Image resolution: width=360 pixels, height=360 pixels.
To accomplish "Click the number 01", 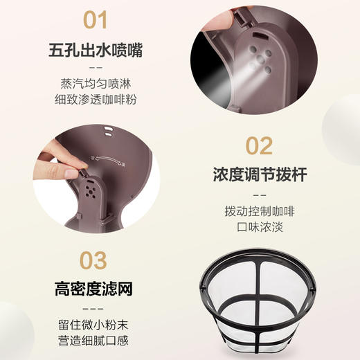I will tap(96, 21).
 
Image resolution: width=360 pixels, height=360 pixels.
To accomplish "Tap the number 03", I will tap(96, 260).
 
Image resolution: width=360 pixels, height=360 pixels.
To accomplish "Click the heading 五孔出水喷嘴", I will tap(96, 51).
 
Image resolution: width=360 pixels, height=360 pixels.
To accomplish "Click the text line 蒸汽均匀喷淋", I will tap(96, 83).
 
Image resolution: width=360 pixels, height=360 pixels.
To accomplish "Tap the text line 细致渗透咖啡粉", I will tap(96, 100).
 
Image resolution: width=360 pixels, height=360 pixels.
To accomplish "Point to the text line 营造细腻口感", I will tap(96, 341).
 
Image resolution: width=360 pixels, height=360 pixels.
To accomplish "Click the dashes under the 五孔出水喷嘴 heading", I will tap(96, 68).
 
